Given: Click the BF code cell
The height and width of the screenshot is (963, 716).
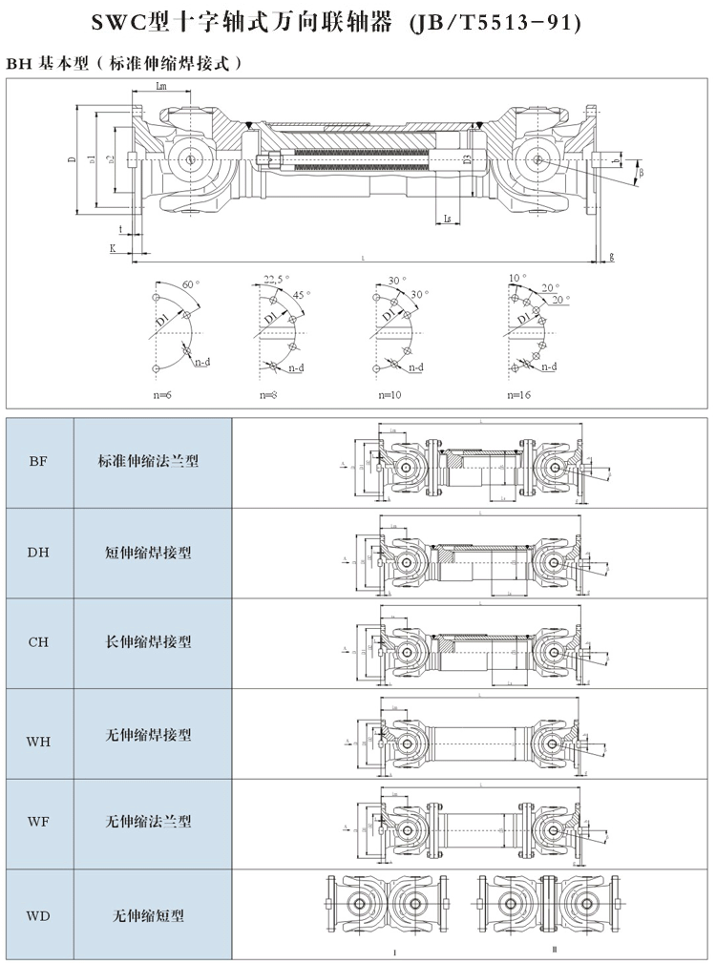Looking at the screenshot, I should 38,462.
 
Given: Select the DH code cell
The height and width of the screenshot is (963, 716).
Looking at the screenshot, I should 38,552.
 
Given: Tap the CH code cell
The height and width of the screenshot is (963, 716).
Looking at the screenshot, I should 38,642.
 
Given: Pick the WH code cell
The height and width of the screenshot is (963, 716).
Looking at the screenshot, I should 38,735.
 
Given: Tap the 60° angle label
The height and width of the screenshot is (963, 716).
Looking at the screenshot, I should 190,284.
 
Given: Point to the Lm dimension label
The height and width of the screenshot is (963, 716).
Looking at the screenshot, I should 162,86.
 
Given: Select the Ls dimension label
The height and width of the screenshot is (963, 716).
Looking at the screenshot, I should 448,219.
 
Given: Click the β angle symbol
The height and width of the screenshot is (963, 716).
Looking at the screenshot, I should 642,172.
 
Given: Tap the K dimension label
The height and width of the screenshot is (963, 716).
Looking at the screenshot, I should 113,248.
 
